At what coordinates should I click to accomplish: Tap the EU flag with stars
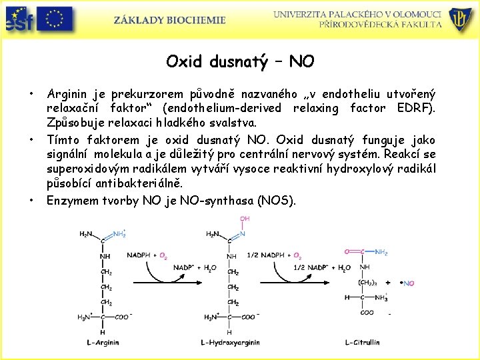point(55,19)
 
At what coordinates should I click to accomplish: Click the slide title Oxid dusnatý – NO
point(240,62)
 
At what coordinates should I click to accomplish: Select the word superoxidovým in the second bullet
point(85,169)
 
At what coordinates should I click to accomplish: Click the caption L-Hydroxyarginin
point(230,343)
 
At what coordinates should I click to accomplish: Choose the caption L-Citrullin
point(362,343)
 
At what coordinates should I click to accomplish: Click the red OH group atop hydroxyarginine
point(245,219)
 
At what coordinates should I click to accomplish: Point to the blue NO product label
point(408,283)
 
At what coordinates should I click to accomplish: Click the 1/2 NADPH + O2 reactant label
point(274,255)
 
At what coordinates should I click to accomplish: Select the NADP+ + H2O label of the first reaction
point(194,268)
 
